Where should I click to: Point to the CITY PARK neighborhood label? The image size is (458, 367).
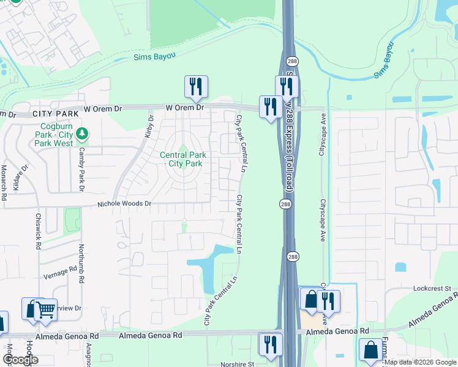click(56, 114)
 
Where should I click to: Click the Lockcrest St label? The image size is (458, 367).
click(431, 287)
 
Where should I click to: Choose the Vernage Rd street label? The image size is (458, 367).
click(59, 272)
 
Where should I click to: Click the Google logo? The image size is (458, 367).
click(20, 360)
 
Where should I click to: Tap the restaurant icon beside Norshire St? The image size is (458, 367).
click(270, 344)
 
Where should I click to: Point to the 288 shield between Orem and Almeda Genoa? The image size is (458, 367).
click(285, 203)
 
